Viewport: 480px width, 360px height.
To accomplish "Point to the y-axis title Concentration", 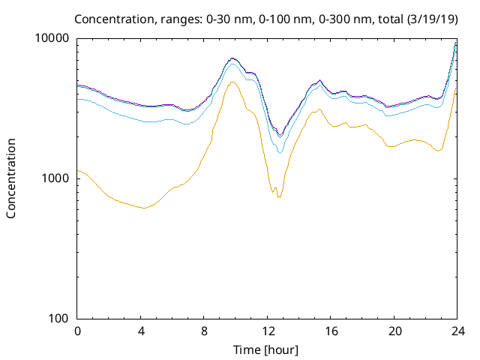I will tap(11, 178).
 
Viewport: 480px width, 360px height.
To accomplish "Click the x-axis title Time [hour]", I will tap(267, 349).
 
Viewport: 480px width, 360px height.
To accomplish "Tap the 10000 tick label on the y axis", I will tap(52, 38).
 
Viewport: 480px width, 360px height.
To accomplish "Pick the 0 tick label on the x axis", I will tap(77, 331).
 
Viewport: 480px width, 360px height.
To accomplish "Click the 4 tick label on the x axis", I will tap(141, 331).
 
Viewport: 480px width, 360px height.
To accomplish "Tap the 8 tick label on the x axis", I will tap(204, 331).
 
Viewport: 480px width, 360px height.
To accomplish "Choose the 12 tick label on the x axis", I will tap(267, 331).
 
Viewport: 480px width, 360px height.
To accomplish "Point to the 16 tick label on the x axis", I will tap(331, 331).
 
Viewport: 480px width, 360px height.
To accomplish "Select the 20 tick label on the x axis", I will tap(394, 331).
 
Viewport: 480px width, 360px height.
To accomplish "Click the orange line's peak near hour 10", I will tap(232, 82).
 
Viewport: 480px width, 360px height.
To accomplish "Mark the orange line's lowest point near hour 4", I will tap(142, 208).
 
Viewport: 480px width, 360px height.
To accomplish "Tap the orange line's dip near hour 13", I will tap(279, 197).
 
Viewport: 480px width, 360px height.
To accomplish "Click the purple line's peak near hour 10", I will tap(232, 58).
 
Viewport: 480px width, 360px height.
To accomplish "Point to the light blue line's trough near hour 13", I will tap(280, 153).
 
